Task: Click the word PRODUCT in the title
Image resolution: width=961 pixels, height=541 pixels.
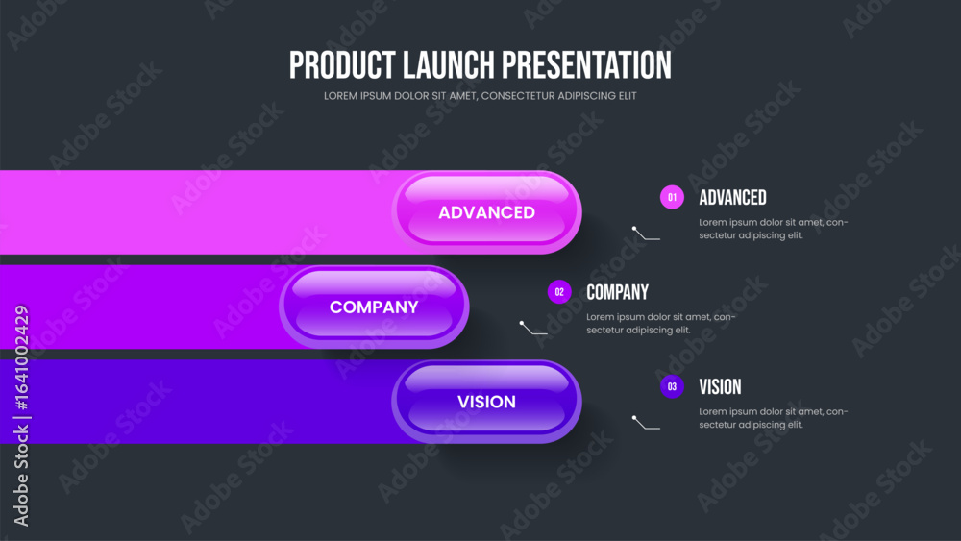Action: (x=342, y=65)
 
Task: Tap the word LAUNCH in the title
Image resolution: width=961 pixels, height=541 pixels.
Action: (x=449, y=65)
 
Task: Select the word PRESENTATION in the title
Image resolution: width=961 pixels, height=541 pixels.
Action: (x=586, y=65)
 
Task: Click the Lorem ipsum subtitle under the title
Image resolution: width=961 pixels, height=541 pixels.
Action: (x=480, y=96)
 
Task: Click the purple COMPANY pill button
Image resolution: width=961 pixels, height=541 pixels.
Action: (x=374, y=307)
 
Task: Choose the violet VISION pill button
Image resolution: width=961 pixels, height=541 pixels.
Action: (x=486, y=402)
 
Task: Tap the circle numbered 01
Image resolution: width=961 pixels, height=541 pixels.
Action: (x=672, y=197)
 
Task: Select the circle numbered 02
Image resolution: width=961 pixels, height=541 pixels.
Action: (x=559, y=292)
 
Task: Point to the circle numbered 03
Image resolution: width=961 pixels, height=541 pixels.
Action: (x=672, y=386)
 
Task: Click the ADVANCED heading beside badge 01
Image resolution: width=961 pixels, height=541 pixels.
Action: (x=732, y=197)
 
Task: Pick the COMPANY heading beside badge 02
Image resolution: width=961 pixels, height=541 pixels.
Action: (x=617, y=292)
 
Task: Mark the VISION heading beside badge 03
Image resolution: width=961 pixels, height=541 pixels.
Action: (x=720, y=386)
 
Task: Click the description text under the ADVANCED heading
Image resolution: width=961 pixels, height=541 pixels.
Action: (x=774, y=229)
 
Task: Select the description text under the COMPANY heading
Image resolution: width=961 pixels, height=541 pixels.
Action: (x=661, y=324)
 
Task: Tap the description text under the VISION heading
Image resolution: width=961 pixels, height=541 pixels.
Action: (x=774, y=418)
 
